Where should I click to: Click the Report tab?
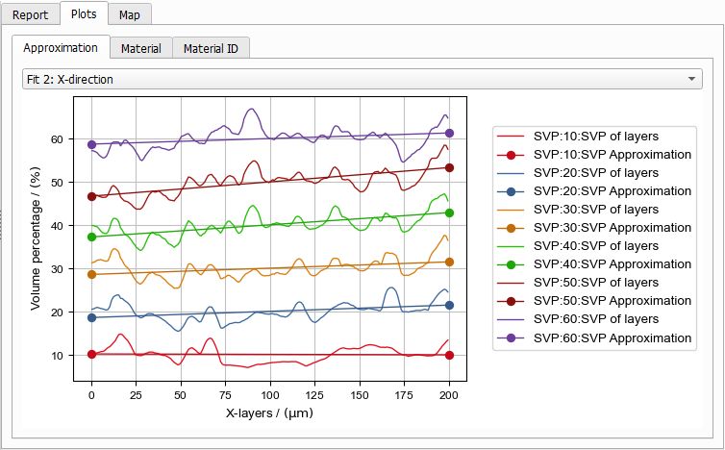[x=29, y=15]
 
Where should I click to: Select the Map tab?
[x=129, y=15]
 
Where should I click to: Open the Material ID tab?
[x=211, y=48]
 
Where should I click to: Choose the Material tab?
[x=140, y=48]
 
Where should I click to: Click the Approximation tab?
[x=61, y=47]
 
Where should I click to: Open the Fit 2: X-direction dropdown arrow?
[x=693, y=79]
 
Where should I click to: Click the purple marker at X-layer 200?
[x=449, y=134]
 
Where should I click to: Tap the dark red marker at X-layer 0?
[x=92, y=196]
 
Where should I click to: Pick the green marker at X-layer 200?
[x=449, y=212]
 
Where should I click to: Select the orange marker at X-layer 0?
[x=92, y=274]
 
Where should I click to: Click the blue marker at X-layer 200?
[x=449, y=305]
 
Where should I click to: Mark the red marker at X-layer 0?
[x=92, y=354]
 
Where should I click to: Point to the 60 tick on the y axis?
[x=58, y=139]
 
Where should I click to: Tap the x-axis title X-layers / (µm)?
[x=270, y=412]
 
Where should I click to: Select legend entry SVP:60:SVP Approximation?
[x=612, y=338]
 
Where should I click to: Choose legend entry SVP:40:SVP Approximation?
[x=612, y=264]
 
